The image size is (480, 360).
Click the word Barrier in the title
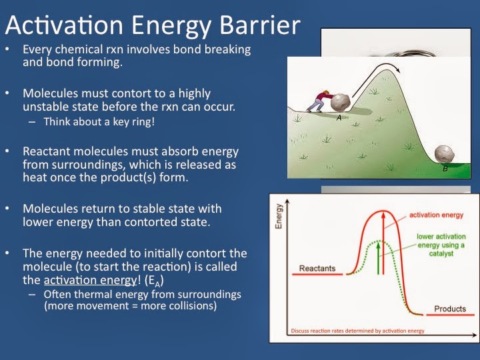[x=260, y=25]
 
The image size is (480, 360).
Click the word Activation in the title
[x=64, y=25]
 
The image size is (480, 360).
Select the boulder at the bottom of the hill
[x=444, y=155]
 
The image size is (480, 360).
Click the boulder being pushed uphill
[x=341, y=103]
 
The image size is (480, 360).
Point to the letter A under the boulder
[x=339, y=118]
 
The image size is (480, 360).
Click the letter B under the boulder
[x=445, y=169]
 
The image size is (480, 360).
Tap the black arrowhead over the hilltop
[x=397, y=70]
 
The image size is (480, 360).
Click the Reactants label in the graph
[x=317, y=268]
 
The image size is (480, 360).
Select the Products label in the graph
[x=450, y=309]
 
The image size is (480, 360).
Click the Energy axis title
[x=279, y=216]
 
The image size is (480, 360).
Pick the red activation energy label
[x=436, y=215]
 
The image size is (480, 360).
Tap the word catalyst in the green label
[x=441, y=253]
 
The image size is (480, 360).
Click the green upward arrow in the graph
[x=379, y=258]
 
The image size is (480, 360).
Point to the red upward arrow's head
[x=383, y=215]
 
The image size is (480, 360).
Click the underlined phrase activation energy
[x=90, y=280]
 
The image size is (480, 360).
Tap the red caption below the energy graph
[x=357, y=331]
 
